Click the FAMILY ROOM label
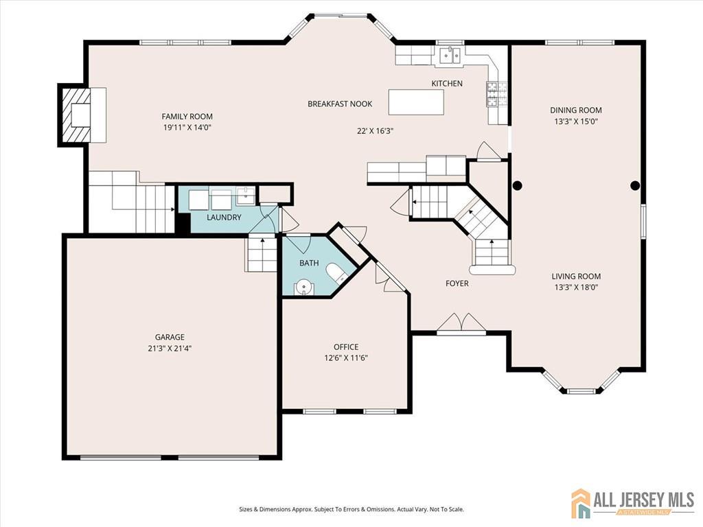pyautogui.click(x=187, y=117)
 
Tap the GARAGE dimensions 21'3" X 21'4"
pyautogui.click(x=170, y=348)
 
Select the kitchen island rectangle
pyautogui.click(x=416, y=102)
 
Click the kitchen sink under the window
pyautogui.click(x=450, y=56)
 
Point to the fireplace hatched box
pyautogui.click(x=76, y=115)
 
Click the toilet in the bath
pyautogui.click(x=336, y=273)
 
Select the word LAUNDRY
pyautogui.click(x=224, y=218)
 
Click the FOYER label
pyautogui.click(x=457, y=283)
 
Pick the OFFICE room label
pyautogui.click(x=346, y=347)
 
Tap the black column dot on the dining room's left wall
pyautogui.click(x=517, y=185)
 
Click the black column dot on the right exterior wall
pyautogui.click(x=635, y=185)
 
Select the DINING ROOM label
pyautogui.click(x=576, y=110)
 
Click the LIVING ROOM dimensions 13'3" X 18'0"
pyautogui.click(x=576, y=288)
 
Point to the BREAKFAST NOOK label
pyautogui.click(x=340, y=104)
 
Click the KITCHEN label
pyautogui.click(x=447, y=83)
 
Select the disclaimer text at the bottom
pyautogui.click(x=351, y=510)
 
